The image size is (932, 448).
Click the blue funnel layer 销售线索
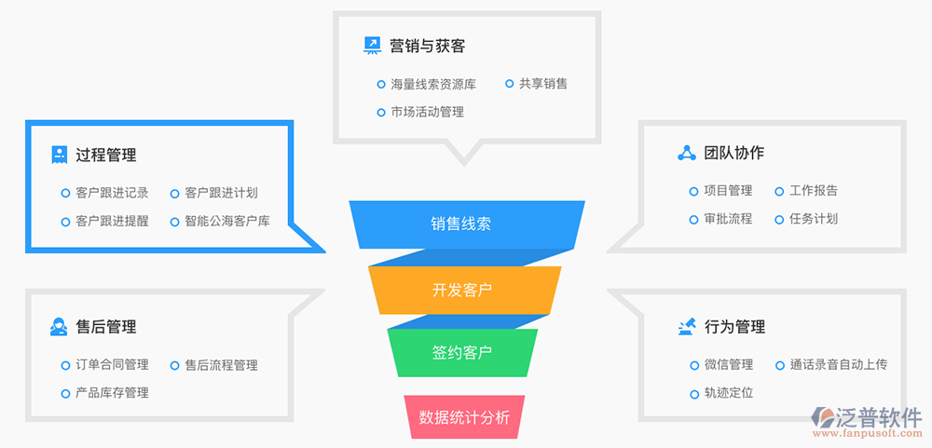(460, 224)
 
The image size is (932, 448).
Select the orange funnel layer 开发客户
(462, 290)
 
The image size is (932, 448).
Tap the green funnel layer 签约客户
(462, 353)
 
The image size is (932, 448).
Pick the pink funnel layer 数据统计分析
(464, 417)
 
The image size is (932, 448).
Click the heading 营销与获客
(427, 46)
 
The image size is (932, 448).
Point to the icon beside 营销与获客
(372, 45)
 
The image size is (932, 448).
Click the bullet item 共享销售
(543, 83)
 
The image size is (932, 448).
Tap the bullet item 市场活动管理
(427, 112)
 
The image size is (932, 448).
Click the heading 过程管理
(105, 156)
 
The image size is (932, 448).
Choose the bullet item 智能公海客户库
(227, 222)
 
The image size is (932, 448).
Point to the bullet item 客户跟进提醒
(112, 222)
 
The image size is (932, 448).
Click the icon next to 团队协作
(687, 153)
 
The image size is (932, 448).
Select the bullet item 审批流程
(728, 219)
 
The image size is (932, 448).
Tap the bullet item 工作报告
(814, 191)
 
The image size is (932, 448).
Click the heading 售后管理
(105, 327)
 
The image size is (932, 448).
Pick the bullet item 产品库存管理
(112, 393)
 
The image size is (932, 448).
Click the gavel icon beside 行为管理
(687, 326)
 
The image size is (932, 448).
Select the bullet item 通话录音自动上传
(838, 365)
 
